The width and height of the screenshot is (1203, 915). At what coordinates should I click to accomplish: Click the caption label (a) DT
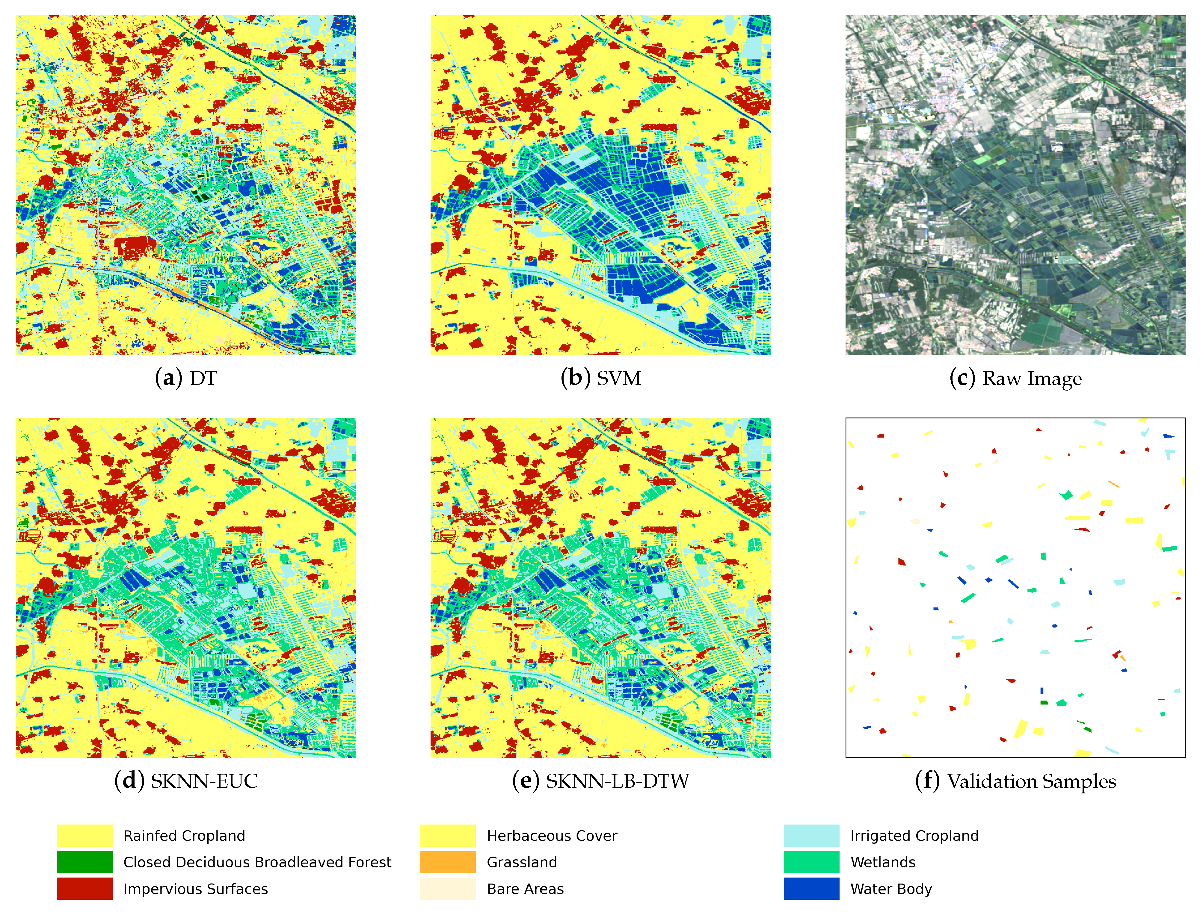(x=186, y=378)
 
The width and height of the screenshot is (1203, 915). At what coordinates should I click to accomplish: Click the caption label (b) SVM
(x=601, y=378)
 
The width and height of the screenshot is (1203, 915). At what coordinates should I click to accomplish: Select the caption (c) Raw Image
(x=1015, y=378)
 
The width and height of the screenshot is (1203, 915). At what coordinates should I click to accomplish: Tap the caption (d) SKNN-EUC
(x=186, y=781)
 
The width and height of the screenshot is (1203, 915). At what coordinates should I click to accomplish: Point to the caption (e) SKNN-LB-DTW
(x=601, y=781)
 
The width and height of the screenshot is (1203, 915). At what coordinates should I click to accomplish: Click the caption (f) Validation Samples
(x=1015, y=781)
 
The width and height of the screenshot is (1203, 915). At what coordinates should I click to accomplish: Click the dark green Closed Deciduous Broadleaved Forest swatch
(x=84, y=862)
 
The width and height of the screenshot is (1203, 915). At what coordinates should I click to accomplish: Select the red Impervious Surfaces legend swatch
(x=84, y=889)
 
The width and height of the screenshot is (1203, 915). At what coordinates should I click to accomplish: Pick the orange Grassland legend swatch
(x=448, y=862)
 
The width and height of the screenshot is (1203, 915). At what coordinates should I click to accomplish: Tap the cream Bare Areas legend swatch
(x=448, y=889)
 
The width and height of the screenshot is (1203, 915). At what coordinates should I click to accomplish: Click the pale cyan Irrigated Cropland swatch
(x=811, y=836)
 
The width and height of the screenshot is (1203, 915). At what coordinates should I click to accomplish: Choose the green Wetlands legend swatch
(x=811, y=862)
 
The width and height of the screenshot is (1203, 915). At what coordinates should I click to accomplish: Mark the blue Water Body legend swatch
(x=811, y=889)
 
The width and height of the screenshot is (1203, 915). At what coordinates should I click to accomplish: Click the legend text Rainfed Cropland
(x=184, y=836)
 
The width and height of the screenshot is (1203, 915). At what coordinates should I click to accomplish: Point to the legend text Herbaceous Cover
(x=552, y=836)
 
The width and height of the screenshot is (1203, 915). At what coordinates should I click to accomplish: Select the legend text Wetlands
(x=883, y=863)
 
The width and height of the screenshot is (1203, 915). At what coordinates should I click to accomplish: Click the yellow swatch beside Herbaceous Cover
(x=448, y=836)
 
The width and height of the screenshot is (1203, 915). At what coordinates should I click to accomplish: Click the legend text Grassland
(x=522, y=863)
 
